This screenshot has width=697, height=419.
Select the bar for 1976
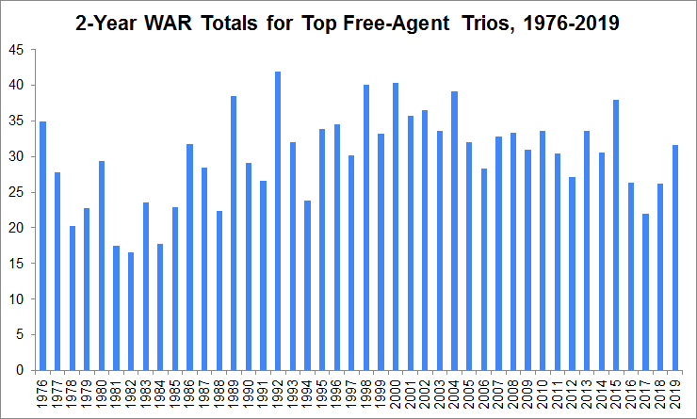(x=42, y=246)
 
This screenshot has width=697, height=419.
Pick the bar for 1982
(x=131, y=311)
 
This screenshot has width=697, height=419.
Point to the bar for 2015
(x=616, y=234)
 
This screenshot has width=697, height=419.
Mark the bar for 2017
(x=646, y=292)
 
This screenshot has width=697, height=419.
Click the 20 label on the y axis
(x=19, y=228)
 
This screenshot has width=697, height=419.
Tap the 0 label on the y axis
(x=23, y=370)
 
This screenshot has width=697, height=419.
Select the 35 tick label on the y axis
(x=19, y=121)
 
